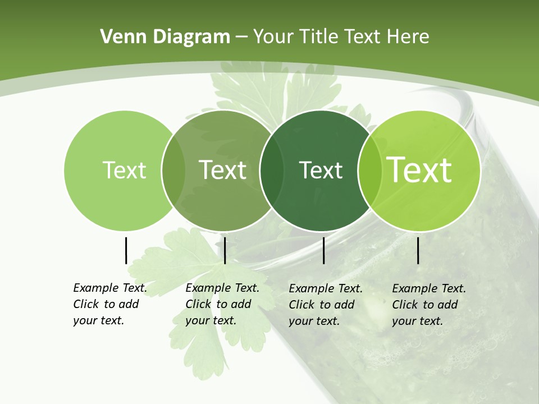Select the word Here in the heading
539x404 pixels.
[408, 37]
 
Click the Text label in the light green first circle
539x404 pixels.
[124, 170]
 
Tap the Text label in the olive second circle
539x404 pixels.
[223, 170]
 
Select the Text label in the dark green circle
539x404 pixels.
[321, 170]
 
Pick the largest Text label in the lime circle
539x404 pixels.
[419, 170]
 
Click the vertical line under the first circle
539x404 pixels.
[126, 250]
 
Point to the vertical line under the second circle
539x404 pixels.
[225, 250]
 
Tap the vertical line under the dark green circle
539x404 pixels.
[324, 250]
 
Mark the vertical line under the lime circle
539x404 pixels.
[418, 250]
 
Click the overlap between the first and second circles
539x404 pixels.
[173, 171]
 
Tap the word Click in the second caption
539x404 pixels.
[198, 304]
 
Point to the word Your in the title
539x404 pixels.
[273, 37]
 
